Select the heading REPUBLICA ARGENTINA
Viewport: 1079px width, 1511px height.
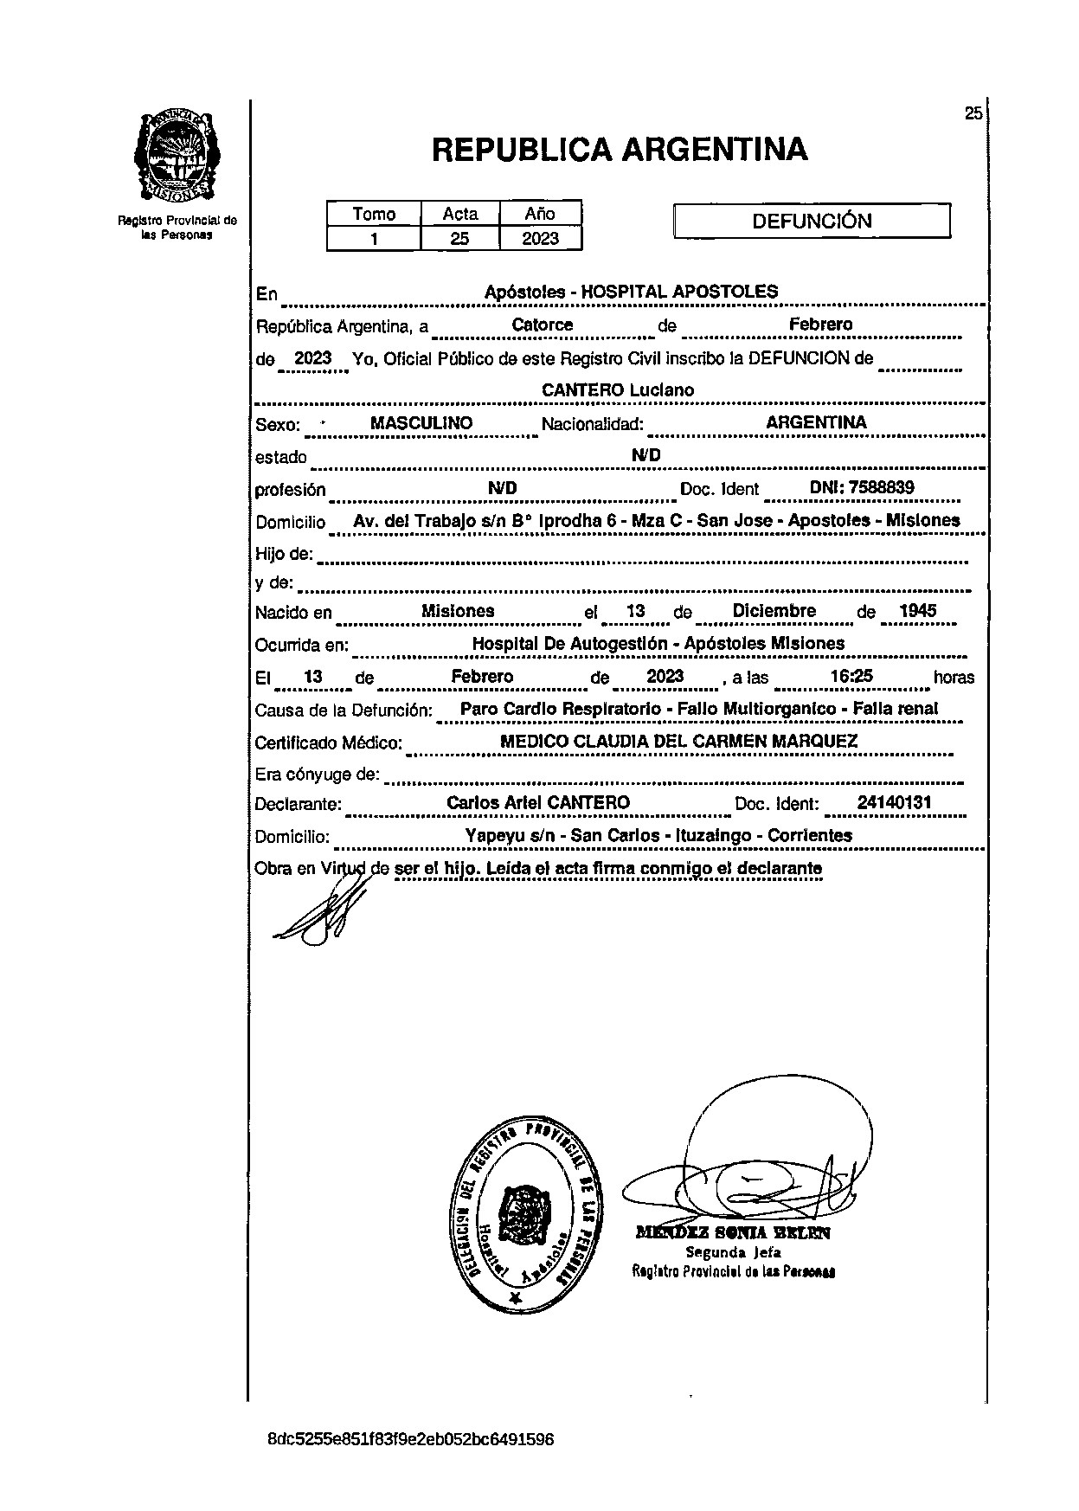(x=619, y=150)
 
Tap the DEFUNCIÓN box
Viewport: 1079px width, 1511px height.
(x=811, y=221)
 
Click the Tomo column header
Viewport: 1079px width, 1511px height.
(x=374, y=214)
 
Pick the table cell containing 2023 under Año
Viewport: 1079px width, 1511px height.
(x=540, y=238)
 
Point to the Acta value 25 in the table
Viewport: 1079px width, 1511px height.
(x=459, y=238)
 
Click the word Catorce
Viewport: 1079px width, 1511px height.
(x=543, y=325)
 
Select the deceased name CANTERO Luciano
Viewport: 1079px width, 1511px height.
(x=618, y=390)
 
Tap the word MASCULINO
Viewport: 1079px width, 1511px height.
(x=421, y=423)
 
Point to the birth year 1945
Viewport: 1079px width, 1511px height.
(x=917, y=611)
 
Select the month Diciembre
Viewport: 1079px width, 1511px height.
(x=774, y=611)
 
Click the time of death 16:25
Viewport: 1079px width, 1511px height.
(x=851, y=677)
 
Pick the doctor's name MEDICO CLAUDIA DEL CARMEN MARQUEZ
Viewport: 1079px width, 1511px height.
(x=679, y=742)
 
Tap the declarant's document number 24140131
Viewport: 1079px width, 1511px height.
(x=894, y=802)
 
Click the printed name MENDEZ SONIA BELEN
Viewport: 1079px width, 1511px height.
(x=733, y=1233)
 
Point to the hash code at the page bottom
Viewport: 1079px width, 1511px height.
(x=410, y=1440)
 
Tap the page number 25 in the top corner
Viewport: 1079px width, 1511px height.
(x=973, y=113)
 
